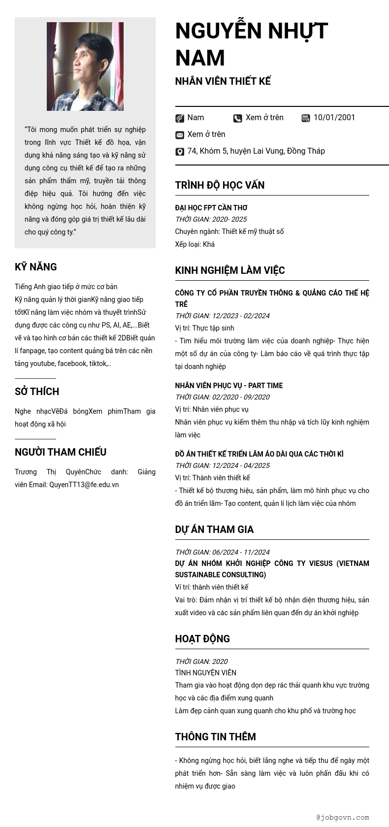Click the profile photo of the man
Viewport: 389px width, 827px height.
click(x=85, y=66)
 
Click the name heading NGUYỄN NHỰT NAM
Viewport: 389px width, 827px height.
click(x=251, y=44)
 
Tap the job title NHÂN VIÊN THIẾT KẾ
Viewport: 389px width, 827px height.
click(x=223, y=81)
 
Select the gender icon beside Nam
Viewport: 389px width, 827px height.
click(x=180, y=118)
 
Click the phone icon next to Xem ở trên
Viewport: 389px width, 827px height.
click(x=237, y=118)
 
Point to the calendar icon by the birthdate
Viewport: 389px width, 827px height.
click(x=306, y=118)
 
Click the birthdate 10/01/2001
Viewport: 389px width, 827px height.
click(x=334, y=117)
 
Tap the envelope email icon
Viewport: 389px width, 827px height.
click(x=180, y=135)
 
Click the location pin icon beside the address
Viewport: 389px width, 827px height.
click(x=180, y=152)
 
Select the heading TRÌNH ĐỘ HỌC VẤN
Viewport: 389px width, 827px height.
click(x=220, y=185)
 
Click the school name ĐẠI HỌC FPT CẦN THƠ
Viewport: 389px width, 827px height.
click(x=211, y=208)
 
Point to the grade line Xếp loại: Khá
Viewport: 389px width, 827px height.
click(x=194, y=244)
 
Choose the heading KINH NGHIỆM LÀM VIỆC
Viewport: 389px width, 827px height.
click(x=229, y=270)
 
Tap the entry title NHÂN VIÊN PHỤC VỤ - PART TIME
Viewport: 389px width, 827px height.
click(x=228, y=386)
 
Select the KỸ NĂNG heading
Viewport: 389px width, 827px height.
click(x=36, y=267)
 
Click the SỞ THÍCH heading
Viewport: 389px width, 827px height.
click(x=37, y=392)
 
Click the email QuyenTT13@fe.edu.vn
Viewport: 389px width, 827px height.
click(x=84, y=485)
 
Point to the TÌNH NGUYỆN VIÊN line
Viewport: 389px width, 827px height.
click(x=205, y=673)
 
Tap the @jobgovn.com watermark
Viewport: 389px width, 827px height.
click(x=343, y=817)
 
